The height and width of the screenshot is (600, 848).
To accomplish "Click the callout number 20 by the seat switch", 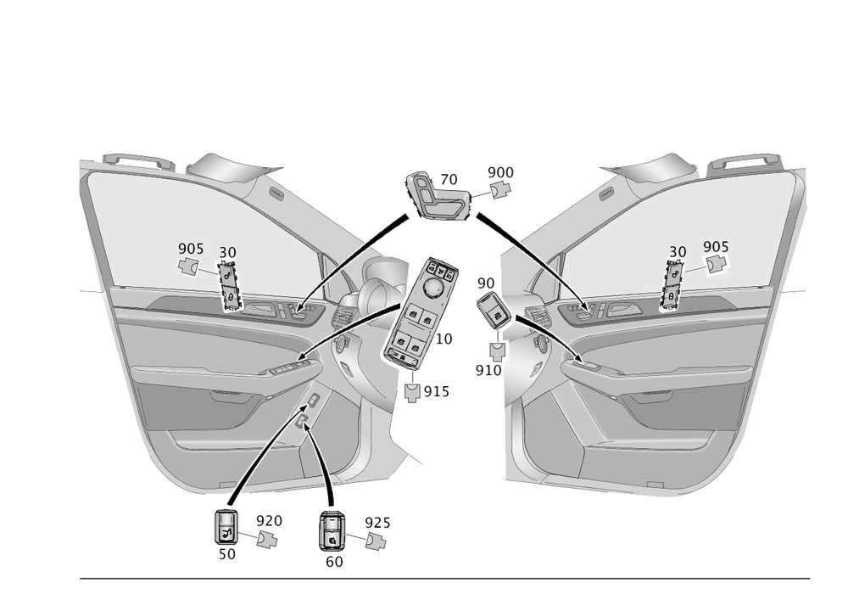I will pos(449,180).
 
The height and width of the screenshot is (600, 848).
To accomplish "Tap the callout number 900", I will pos(500,173).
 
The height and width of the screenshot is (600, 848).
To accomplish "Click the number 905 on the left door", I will pos(191,249).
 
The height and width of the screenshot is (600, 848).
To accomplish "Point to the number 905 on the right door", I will pos(716,247).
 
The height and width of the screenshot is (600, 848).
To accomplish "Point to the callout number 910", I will pos(488,371).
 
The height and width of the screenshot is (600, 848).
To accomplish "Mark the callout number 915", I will pos(436,391).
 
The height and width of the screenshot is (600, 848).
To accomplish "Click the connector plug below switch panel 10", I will pos(413,391).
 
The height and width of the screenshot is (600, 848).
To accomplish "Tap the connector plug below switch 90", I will pos(497,350).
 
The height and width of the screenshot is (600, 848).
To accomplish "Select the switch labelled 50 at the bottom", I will pos(226,528).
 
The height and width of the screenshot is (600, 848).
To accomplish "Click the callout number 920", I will pos(269,520).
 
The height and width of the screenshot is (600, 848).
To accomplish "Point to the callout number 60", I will pos(334,561).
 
